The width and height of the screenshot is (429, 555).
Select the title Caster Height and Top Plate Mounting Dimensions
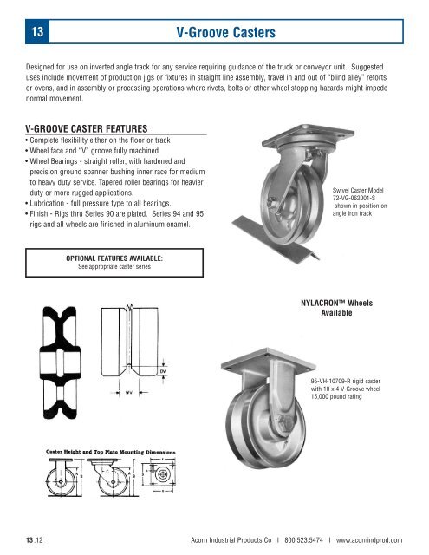[x=106, y=452]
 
